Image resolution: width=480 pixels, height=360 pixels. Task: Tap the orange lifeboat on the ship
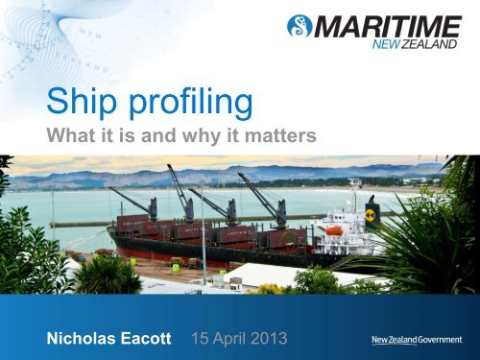coord(335,230)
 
